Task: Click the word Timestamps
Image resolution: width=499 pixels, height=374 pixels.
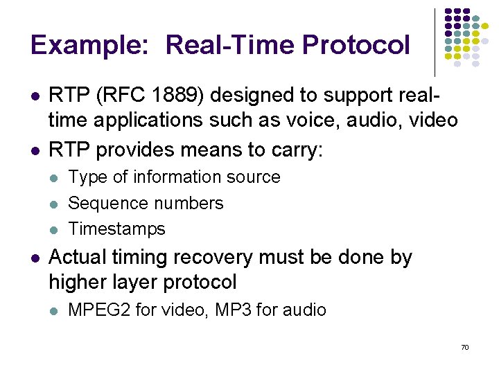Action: [x=117, y=229]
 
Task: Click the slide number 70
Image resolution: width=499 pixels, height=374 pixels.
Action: [x=465, y=346]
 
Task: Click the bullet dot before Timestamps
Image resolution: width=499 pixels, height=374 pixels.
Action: [x=55, y=229]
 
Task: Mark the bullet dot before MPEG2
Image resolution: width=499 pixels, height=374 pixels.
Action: [x=55, y=310]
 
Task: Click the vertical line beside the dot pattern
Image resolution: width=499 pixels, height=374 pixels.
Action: [x=435, y=42]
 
